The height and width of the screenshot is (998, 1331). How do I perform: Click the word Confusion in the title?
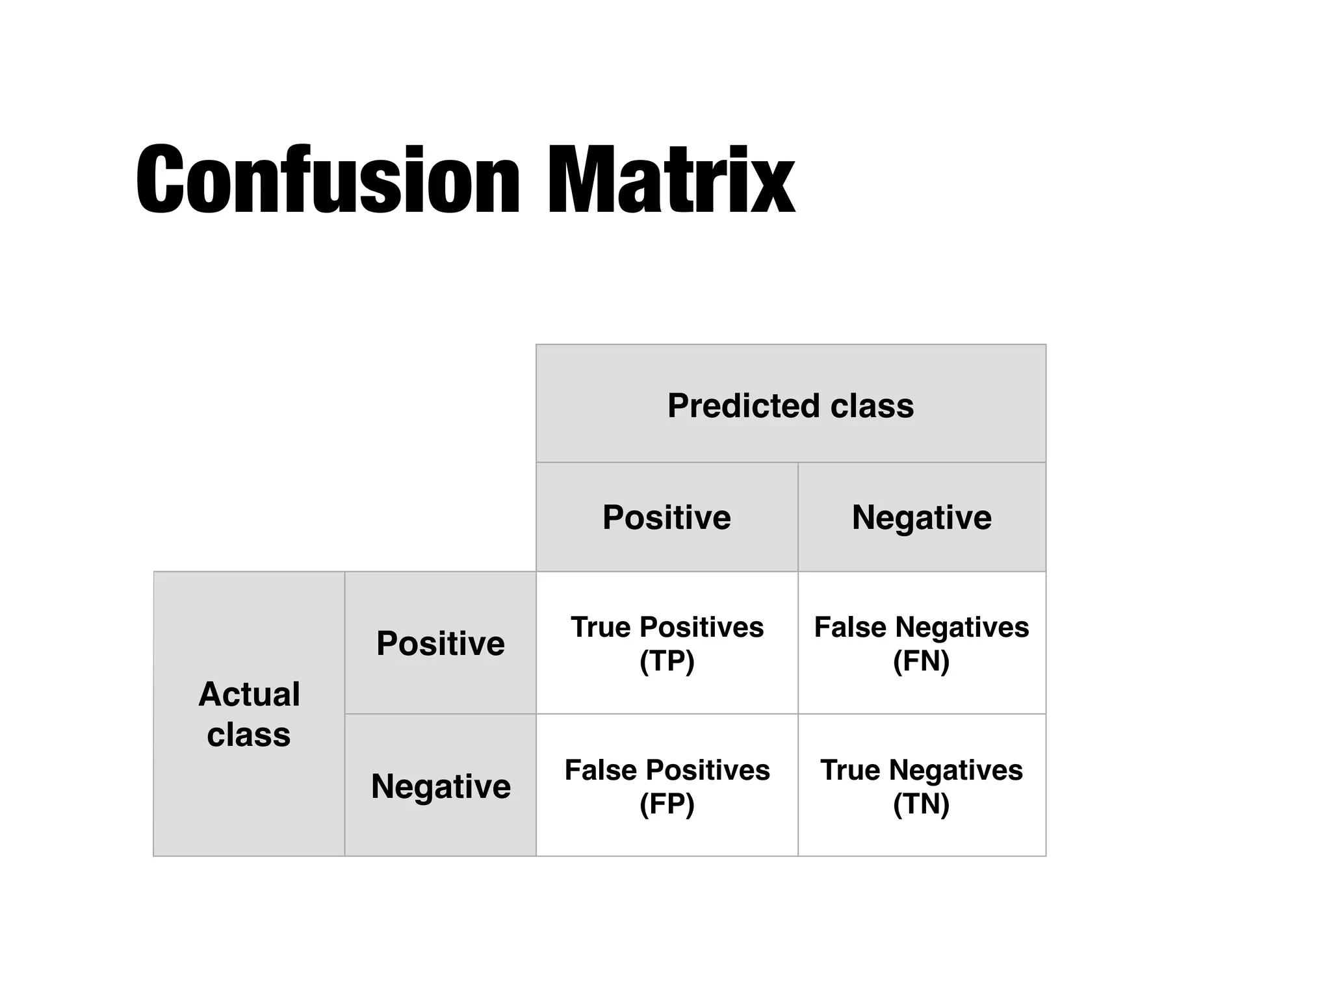[x=328, y=179]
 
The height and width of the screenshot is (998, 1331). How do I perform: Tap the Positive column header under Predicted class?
[x=667, y=517]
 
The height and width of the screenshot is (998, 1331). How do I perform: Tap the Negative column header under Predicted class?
[x=922, y=517]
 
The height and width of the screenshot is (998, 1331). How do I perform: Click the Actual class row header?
[x=249, y=714]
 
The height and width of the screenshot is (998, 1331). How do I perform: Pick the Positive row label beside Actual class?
[x=441, y=643]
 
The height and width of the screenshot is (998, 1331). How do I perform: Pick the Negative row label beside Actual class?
[x=441, y=786]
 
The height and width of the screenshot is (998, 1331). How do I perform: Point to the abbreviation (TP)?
[x=667, y=661]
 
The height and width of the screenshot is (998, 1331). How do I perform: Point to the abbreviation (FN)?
[x=922, y=661]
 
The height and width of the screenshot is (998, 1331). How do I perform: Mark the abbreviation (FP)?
[x=667, y=804]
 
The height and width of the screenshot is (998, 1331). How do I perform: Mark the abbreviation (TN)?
[x=922, y=804]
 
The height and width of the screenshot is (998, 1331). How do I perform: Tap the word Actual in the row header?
[x=249, y=694]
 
